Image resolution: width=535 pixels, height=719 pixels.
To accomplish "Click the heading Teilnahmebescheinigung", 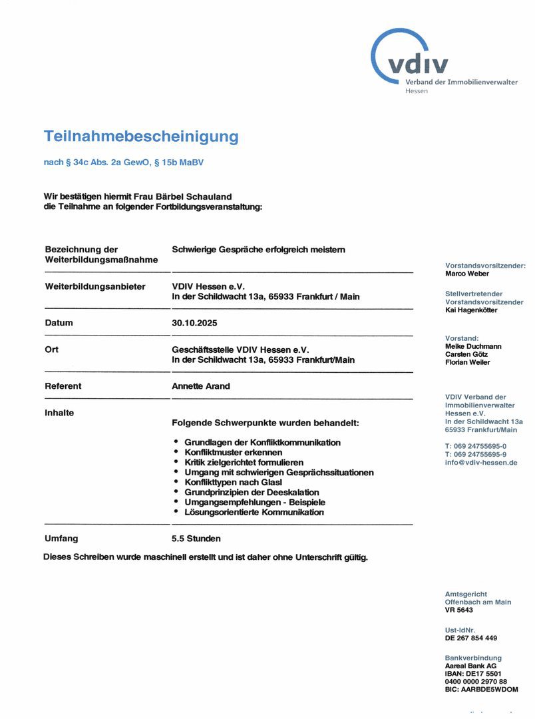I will click(x=141, y=136).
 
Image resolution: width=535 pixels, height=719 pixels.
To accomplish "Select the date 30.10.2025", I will click(x=194, y=323).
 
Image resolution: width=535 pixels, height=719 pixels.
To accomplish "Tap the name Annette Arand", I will click(x=201, y=386).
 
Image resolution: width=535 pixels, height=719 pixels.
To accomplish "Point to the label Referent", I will click(x=63, y=386).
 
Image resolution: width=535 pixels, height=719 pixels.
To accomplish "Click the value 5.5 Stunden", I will click(x=196, y=539).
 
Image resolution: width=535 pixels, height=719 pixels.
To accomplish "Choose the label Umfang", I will click(x=61, y=539).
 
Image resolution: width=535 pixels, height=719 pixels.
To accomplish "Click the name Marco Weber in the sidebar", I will click(x=467, y=274).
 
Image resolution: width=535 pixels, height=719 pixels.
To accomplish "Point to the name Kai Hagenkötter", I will click(x=471, y=310).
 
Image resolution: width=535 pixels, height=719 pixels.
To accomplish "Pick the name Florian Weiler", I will click(x=467, y=362).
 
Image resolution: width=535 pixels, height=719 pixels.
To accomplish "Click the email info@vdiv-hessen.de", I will click(x=481, y=462).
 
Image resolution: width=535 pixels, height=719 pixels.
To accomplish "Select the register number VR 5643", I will click(x=459, y=610).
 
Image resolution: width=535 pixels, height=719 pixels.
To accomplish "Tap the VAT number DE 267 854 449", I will click(x=471, y=638).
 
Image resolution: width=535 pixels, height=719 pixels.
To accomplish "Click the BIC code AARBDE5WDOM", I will click(x=481, y=689).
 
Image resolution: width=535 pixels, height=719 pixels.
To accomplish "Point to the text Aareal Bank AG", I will click(x=470, y=665).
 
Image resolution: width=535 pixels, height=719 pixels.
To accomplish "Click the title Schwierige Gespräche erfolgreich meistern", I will click(x=258, y=250).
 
